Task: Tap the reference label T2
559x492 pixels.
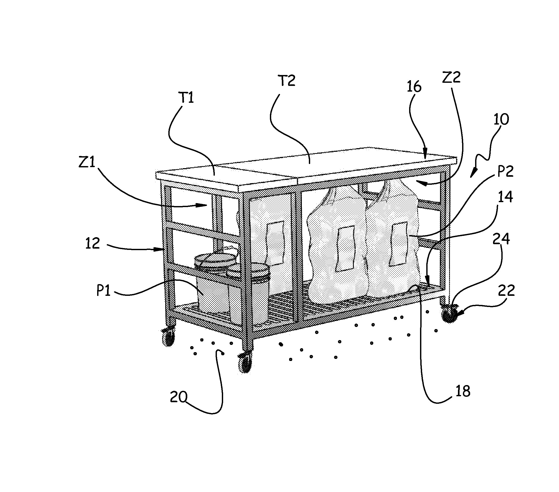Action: click(287, 81)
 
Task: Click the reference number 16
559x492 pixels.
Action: click(414, 87)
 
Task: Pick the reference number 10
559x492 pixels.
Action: click(501, 119)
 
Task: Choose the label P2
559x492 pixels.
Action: click(505, 171)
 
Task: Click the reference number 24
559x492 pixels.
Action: click(501, 239)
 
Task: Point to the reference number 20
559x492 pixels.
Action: click(178, 397)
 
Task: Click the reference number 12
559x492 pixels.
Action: click(92, 243)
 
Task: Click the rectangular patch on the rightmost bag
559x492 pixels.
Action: click(398, 244)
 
